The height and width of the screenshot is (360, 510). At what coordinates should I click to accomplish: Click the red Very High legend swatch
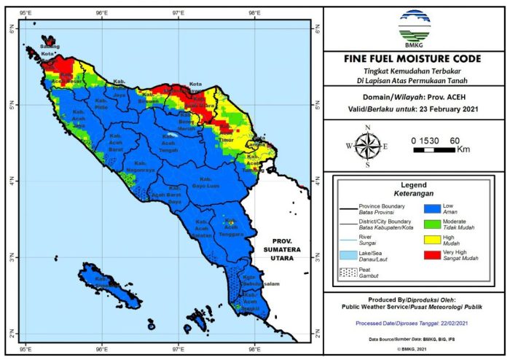point(430,253)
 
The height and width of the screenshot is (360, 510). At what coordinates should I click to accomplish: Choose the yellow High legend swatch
point(430,238)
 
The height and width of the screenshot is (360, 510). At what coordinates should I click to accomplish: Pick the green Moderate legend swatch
point(430,222)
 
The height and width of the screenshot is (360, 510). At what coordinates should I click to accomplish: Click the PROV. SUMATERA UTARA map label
point(286,248)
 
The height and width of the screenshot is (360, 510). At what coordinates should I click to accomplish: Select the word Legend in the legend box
point(413,184)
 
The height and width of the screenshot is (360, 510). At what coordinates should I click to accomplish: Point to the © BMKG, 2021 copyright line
point(413,351)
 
